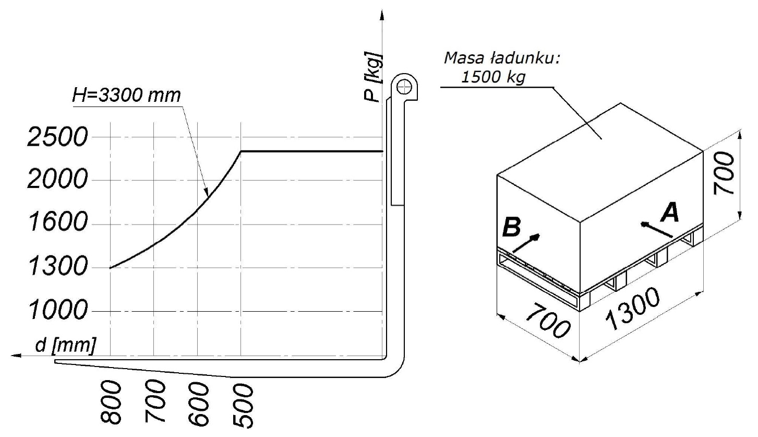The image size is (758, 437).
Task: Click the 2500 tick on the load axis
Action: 54,138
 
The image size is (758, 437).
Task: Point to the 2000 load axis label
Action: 54,181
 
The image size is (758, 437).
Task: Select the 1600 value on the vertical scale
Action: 54,224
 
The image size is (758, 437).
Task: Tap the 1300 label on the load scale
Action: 54,268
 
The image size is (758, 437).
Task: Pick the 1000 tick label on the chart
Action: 54,312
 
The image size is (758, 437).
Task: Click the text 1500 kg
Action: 493,77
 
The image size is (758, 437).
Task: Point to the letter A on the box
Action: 669,212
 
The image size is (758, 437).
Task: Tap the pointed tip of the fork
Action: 55,361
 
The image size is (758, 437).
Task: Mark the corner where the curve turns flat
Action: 240,151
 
